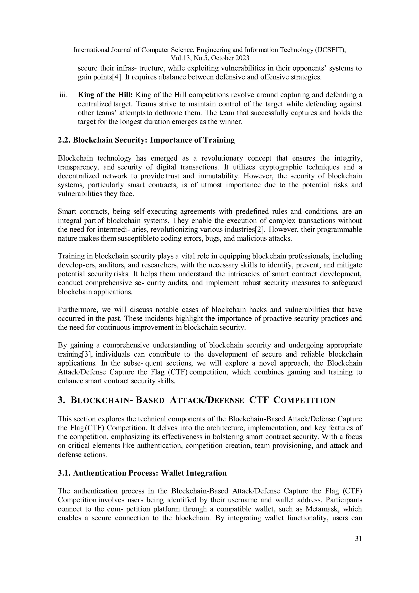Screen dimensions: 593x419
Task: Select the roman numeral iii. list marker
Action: (x=63, y=95)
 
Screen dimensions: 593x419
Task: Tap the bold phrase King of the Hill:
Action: (x=105, y=95)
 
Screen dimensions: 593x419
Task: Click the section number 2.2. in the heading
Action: (x=64, y=140)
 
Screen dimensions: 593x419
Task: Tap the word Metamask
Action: (x=321, y=509)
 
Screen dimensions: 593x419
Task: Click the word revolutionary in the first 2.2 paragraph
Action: (x=222, y=158)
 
